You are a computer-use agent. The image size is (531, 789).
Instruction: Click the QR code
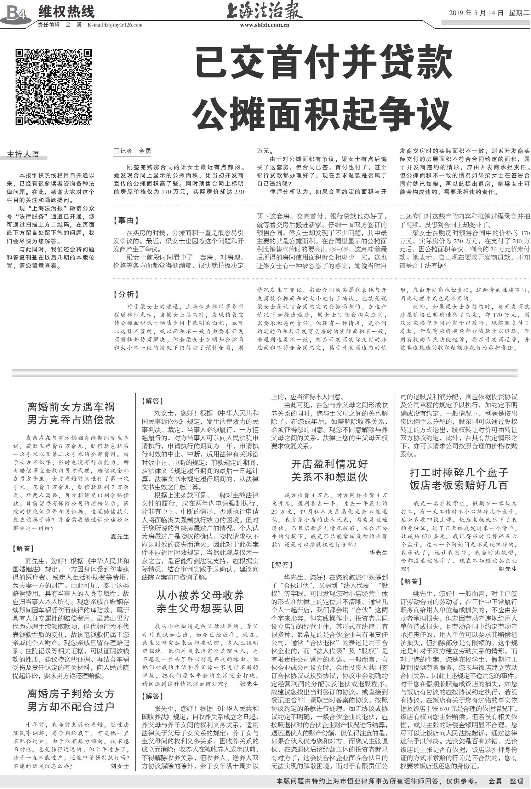54,87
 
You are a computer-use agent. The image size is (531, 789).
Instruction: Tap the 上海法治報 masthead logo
265,11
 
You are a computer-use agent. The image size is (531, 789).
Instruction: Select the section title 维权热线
66,12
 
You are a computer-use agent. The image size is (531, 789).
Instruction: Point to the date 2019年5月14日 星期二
489,13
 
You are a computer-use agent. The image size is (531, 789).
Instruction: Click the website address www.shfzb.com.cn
265,25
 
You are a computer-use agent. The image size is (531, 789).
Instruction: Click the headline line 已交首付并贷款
324,64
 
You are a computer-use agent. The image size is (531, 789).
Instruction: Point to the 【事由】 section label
126,221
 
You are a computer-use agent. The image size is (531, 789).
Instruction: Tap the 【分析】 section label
126,295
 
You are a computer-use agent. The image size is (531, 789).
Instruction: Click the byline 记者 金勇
132,151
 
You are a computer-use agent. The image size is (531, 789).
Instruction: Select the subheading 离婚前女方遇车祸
71,407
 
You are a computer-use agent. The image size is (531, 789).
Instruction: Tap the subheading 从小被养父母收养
200,595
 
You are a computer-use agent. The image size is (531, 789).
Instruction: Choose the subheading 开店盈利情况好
330,464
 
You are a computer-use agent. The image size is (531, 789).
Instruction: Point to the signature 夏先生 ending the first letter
120,536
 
